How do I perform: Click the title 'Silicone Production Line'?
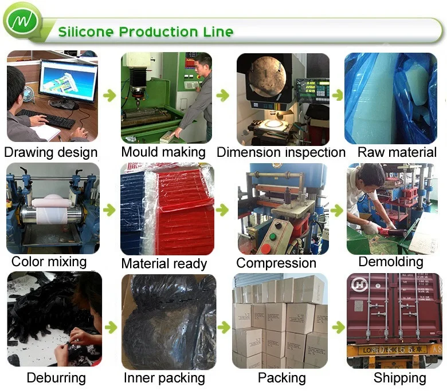(x=146, y=31)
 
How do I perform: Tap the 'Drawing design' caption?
(x=51, y=152)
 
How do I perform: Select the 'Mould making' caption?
(x=163, y=152)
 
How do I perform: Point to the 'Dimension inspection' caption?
(x=281, y=152)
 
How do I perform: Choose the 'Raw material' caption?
(x=397, y=152)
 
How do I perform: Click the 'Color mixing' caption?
(x=49, y=262)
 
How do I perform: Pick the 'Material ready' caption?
(x=164, y=264)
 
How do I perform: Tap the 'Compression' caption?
(x=276, y=263)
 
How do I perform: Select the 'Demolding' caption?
(x=391, y=262)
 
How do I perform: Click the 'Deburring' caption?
(x=56, y=378)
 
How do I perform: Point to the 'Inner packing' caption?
(x=164, y=378)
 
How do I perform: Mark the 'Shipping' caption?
(x=400, y=378)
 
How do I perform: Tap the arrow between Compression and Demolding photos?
(x=338, y=211)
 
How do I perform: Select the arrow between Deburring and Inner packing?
(x=110, y=327)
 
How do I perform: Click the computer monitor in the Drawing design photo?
(x=69, y=81)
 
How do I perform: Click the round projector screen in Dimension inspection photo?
(x=267, y=77)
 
